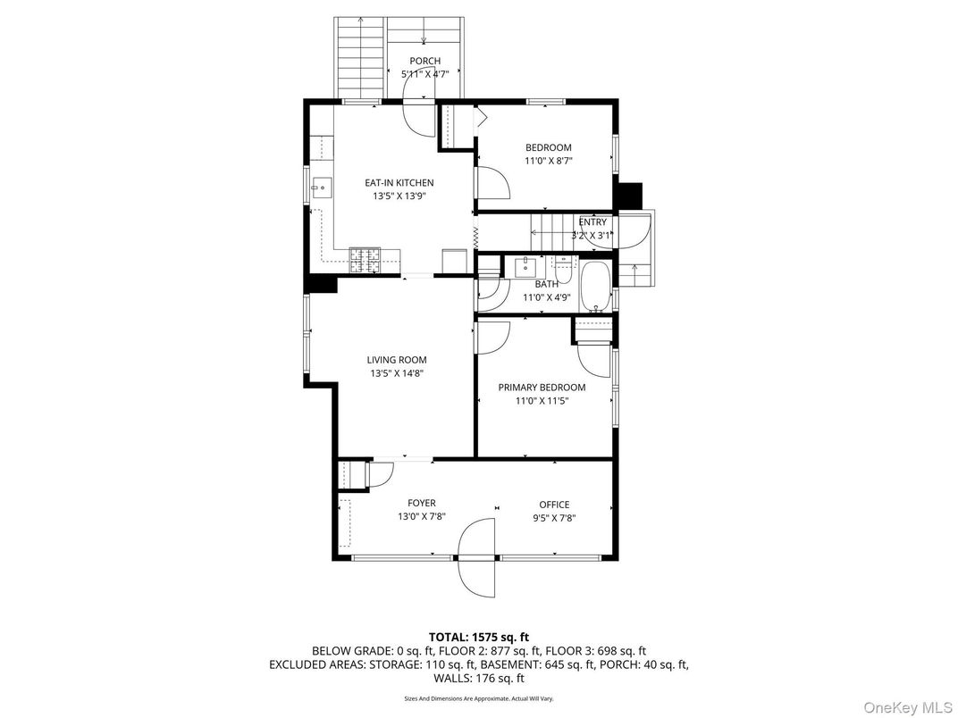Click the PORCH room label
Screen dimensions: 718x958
pos(424,62)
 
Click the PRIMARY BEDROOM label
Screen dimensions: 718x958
pos(542,388)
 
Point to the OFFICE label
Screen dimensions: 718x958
pos(553,505)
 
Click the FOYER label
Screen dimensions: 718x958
pos(421,504)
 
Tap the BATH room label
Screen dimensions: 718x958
pos(546,284)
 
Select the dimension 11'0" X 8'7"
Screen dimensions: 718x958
pos(548,162)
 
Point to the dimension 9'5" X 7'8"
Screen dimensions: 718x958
pos(553,518)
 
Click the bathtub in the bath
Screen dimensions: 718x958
pos(594,286)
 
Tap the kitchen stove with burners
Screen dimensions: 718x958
pos(366,260)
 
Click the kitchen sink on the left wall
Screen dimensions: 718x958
pos(322,188)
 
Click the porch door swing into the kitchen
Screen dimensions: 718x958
pos(419,116)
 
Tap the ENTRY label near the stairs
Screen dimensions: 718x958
pos(592,222)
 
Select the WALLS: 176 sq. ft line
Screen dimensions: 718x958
pos(478,679)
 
